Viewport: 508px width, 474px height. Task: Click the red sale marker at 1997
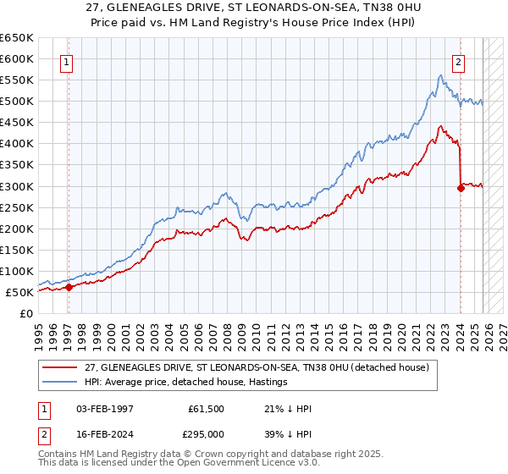coord(69,287)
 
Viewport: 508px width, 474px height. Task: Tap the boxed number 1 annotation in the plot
coord(66,61)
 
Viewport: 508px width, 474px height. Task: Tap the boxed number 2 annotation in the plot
coord(458,61)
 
